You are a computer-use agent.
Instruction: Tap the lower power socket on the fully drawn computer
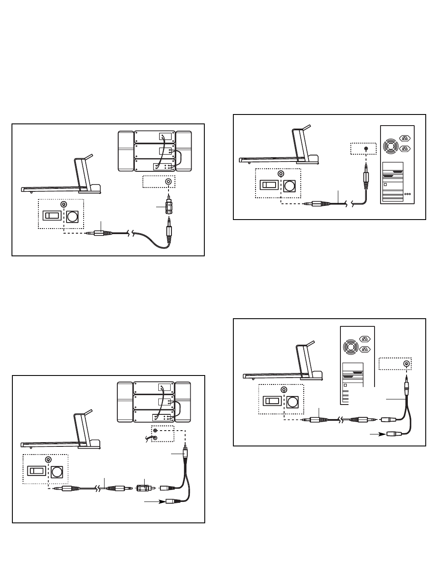tap(404, 149)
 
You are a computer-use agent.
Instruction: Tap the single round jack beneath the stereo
tap(169, 182)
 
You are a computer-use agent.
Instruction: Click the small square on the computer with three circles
tap(386, 184)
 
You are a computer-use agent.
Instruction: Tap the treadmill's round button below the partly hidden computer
tap(292, 402)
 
